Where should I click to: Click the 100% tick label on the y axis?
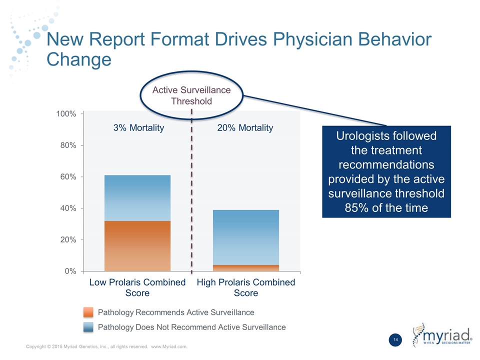(x=66, y=114)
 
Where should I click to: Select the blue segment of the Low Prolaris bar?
(x=137, y=198)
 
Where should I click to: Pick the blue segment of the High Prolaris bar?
(x=246, y=237)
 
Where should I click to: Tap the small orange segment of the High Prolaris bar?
(x=246, y=268)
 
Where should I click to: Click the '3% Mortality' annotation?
(x=138, y=128)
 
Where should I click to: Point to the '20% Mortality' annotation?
(x=245, y=128)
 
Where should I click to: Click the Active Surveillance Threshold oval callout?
(x=191, y=95)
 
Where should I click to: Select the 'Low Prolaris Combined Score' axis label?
(x=137, y=287)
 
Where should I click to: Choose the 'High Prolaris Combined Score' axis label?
(x=246, y=287)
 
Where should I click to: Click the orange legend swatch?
(x=88, y=312)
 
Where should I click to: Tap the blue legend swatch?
(x=88, y=327)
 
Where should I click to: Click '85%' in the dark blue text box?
(x=358, y=207)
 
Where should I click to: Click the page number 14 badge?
(x=395, y=340)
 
